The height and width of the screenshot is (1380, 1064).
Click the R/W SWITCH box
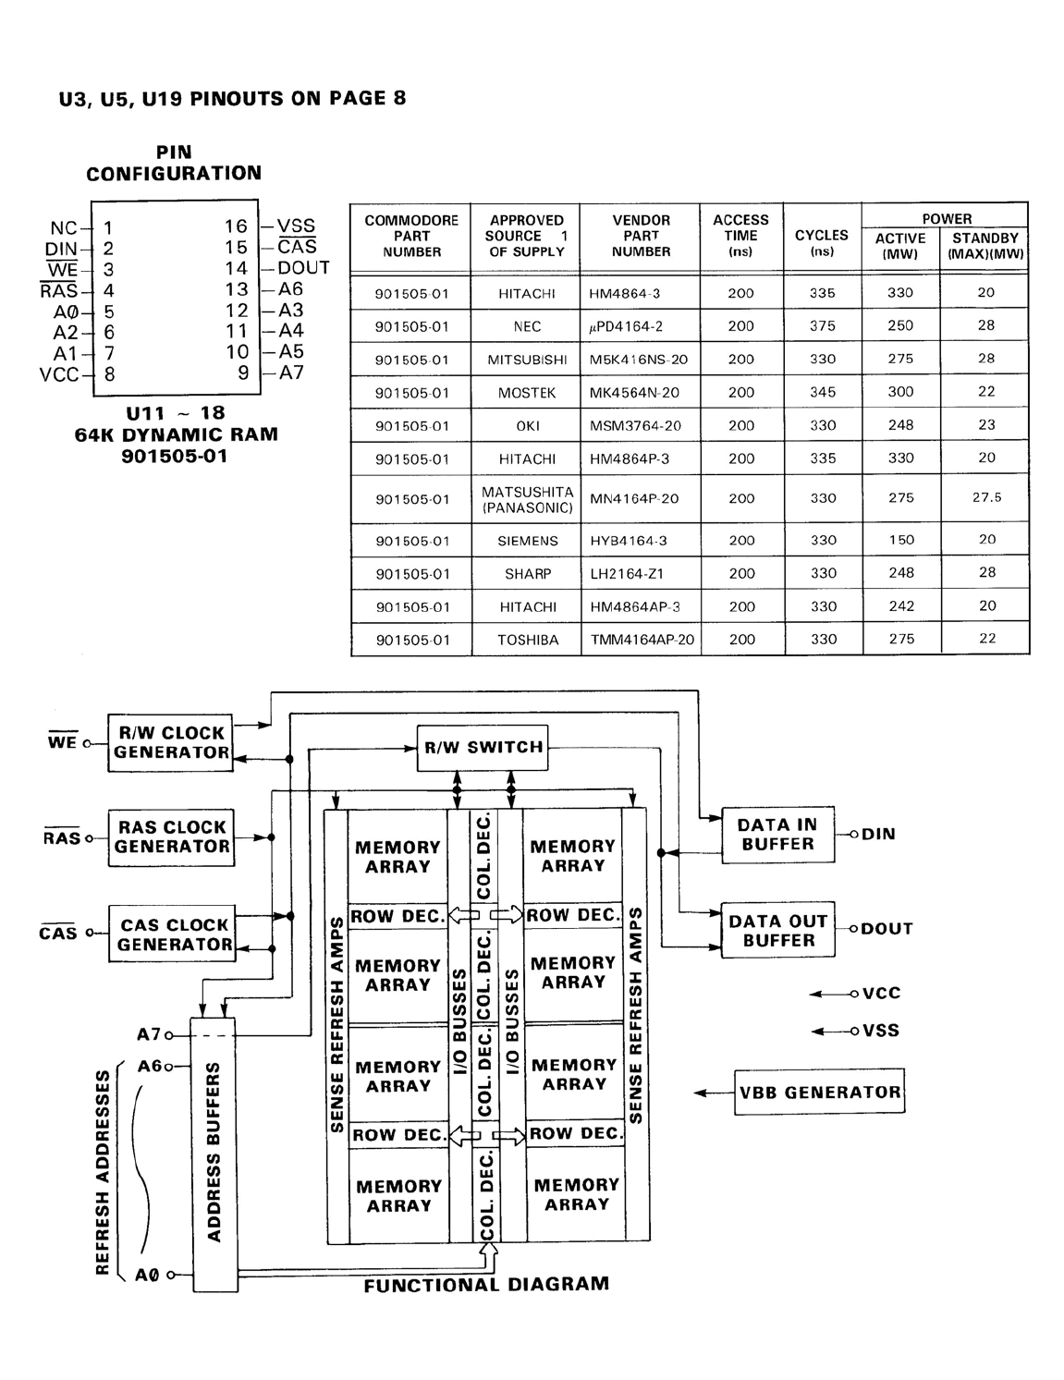point(482,748)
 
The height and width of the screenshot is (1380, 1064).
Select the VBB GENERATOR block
point(819,1092)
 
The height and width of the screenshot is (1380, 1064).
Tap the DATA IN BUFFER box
point(777,835)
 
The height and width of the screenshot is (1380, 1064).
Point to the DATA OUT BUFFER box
point(777,931)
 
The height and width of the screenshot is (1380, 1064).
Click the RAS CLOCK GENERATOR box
point(171,837)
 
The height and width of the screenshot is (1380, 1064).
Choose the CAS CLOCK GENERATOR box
point(172,934)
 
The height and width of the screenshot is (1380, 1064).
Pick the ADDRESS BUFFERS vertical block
point(214,1154)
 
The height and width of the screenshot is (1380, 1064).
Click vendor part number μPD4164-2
point(625,326)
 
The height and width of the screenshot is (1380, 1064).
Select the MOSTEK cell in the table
point(526,393)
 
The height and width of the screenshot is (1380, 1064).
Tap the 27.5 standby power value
point(986,497)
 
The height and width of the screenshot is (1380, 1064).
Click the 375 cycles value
point(822,325)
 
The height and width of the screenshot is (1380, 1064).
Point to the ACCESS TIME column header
point(740,236)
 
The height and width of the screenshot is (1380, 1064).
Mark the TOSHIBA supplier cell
point(528,640)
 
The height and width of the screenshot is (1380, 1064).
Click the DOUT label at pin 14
point(303,267)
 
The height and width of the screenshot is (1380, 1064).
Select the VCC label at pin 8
point(59,374)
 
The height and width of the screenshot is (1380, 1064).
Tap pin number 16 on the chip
point(236,226)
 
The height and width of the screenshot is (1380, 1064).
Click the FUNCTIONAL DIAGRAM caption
point(486,1284)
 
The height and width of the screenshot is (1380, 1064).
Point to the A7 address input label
point(149,1034)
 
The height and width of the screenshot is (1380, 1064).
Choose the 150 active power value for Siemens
point(901,540)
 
